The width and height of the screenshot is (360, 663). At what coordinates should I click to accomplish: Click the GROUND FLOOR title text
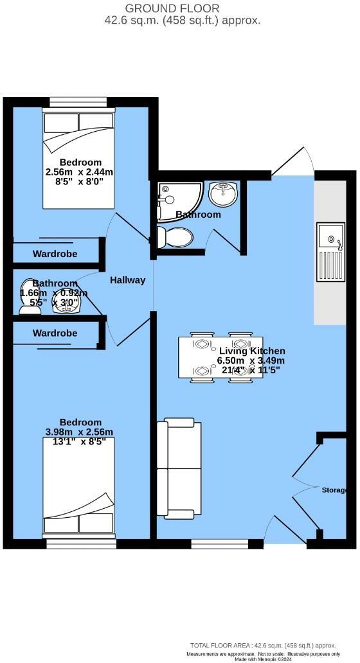(x=182, y=8)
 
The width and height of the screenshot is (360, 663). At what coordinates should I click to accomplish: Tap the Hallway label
(x=127, y=280)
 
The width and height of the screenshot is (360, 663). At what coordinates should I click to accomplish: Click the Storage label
(x=334, y=490)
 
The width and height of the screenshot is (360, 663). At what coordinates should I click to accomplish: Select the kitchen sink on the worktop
(x=331, y=252)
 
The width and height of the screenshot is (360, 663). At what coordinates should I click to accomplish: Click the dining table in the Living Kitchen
(x=219, y=358)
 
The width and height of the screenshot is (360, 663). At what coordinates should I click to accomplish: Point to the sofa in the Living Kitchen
(x=179, y=468)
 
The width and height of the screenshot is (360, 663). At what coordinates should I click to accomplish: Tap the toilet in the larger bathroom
(x=174, y=238)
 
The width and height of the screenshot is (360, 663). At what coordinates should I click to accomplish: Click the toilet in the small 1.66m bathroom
(x=30, y=297)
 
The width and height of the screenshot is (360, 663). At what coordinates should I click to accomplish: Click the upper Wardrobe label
(x=55, y=254)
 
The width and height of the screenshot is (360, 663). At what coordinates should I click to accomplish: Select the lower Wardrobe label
(x=55, y=333)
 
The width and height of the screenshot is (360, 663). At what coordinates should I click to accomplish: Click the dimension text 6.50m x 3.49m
(x=251, y=360)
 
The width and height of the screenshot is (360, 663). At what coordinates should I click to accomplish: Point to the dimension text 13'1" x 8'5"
(x=79, y=441)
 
